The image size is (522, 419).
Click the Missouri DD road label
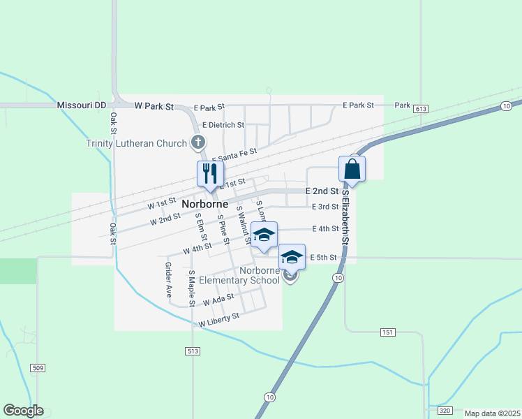click(x=82, y=105)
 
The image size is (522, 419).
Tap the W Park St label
click(x=154, y=106)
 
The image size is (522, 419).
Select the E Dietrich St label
click(x=223, y=125)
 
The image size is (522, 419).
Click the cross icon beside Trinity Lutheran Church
click(x=198, y=143)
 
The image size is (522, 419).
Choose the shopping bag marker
click(x=352, y=169)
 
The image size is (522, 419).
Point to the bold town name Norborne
click(x=205, y=204)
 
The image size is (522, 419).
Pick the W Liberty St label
click(x=218, y=320)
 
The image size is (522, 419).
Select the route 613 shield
click(x=420, y=110)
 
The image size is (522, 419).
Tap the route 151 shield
click(x=389, y=332)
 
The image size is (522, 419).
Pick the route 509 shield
click(x=38, y=367)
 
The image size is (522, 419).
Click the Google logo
click(x=23, y=411)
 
